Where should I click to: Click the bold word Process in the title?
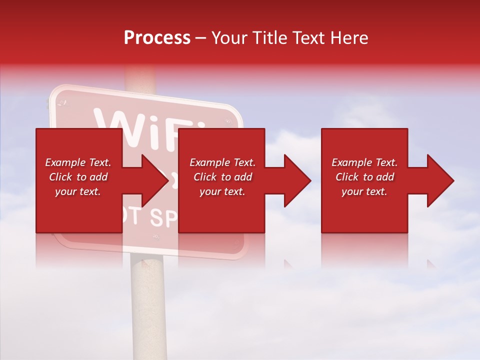157,38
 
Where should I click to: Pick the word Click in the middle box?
204,177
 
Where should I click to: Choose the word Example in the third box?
351,162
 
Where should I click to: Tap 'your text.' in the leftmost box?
78,191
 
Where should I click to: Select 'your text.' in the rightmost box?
364,191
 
